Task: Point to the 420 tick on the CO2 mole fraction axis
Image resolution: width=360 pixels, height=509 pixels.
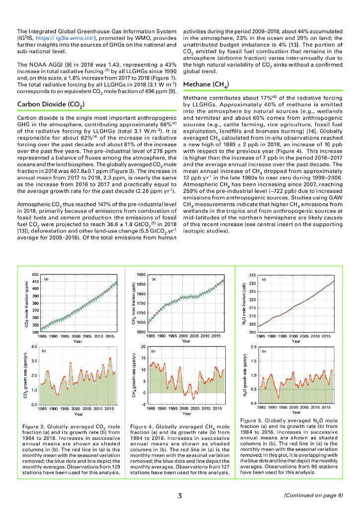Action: (35, 274)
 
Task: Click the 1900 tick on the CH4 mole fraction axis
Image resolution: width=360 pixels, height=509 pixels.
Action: (141, 274)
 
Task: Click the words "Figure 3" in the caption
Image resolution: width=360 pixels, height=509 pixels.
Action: (34, 426)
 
